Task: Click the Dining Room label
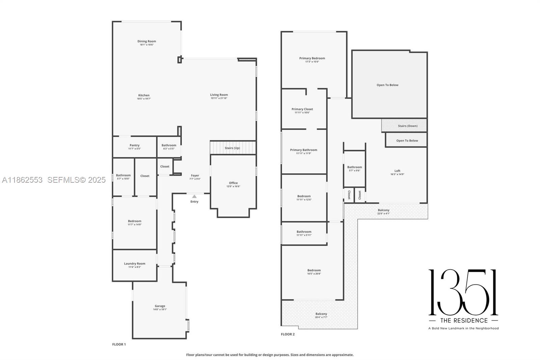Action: [x=146, y=41]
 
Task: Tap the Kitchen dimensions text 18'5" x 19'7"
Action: [x=144, y=99]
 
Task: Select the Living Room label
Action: [x=219, y=95]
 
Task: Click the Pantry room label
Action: [x=134, y=145]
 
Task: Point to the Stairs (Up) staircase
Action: [x=233, y=148]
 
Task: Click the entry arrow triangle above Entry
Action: [x=194, y=197]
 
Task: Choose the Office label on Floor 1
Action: [x=233, y=183]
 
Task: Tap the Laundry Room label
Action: [x=134, y=263]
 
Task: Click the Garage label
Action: [x=160, y=306]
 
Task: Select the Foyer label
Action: [x=195, y=176]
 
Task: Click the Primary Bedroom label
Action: [x=312, y=58]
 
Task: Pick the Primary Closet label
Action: [x=302, y=109]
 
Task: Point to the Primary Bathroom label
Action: [x=303, y=150]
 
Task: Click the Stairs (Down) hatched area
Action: [x=404, y=126]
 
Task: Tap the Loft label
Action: [x=397, y=171]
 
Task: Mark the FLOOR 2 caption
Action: [x=288, y=334]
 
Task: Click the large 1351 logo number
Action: [x=463, y=292]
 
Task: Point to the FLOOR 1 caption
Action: [x=119, y=344]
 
